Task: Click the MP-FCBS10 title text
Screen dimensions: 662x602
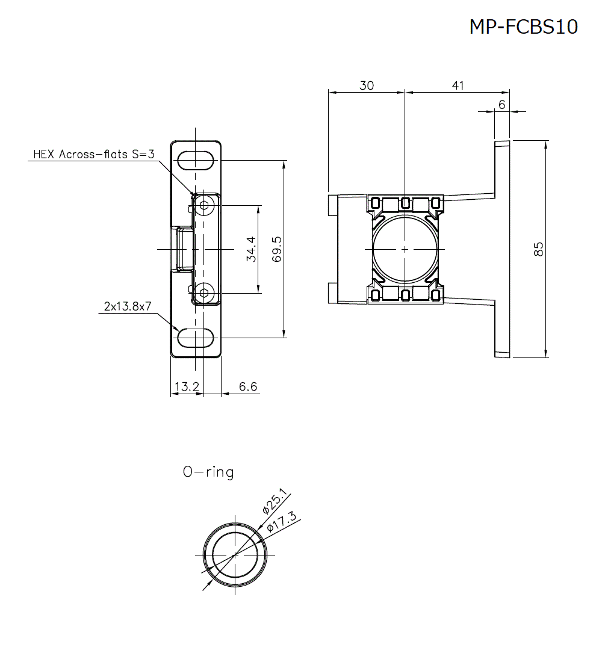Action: [x=523, y=27]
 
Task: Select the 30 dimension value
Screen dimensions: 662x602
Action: [x=366, y=85]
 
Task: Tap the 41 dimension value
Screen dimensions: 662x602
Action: [x=458, y=85]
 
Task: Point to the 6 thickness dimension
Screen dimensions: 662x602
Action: [x=501, y=105]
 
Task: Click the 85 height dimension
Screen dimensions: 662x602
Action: [x=539, y=249]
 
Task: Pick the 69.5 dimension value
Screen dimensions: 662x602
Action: [x=277, y=249]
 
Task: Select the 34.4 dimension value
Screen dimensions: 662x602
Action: [x=251, y=249]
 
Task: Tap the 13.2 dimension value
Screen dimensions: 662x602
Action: [x=187, y=386]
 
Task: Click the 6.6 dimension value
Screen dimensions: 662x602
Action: [x=248, y=386]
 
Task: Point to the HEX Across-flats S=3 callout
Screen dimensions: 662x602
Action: [x=94, y=155]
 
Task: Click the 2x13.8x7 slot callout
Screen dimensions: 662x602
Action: [x=127, y=306]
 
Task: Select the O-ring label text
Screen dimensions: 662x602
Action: [x=208, y=472]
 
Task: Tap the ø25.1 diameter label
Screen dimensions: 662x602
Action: [x=275, y=501]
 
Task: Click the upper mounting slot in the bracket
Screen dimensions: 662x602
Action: [x=196, y=161]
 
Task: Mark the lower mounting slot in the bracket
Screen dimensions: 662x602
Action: [x=196, y=338]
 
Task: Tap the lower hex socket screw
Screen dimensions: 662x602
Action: [x=205, y=293]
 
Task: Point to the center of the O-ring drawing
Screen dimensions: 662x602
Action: [x=235, y=554]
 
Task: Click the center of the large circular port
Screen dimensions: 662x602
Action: [x=405, y=249]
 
